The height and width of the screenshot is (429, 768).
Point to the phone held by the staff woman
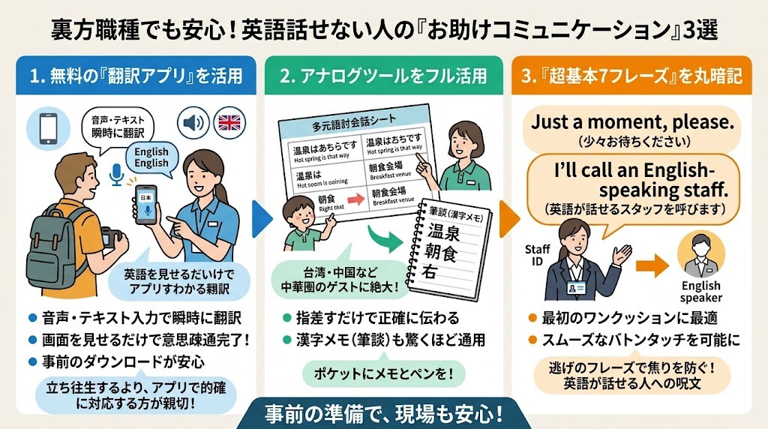146,202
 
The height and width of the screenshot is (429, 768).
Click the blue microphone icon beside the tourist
115,175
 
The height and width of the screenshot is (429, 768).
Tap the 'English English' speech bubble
151,157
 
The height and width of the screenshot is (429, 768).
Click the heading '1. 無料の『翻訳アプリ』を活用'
136,76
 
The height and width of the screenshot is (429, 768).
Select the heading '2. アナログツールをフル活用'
383,76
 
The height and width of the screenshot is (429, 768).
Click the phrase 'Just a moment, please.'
632,122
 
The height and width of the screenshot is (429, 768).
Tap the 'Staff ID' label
538,255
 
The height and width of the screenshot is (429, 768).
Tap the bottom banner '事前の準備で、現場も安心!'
383,414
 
